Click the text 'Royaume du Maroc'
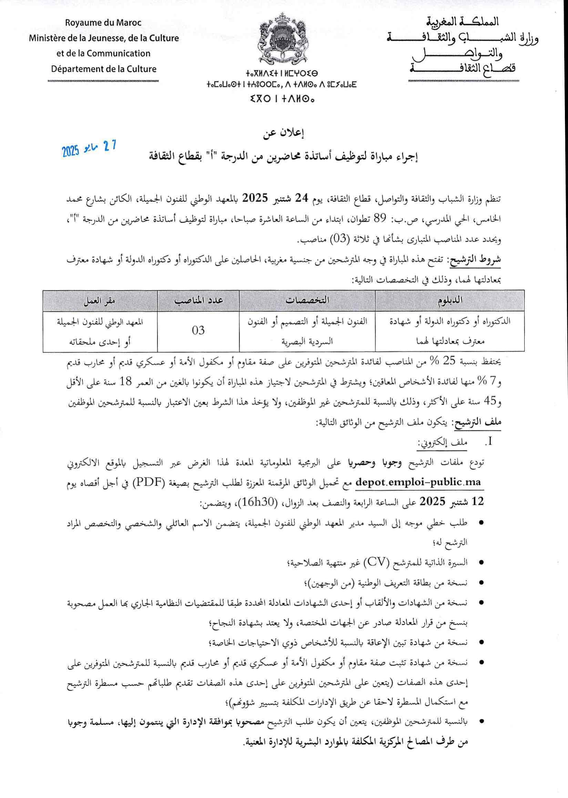tap(103, 23)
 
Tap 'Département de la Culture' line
tap(103, 69)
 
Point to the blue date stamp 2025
tap(89, 148)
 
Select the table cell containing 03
tap(198, 330)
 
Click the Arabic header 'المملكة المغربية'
tap(464, 22)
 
